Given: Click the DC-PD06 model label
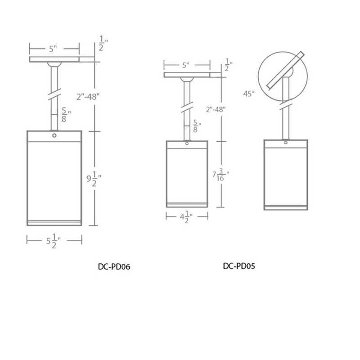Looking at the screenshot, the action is (114, 266).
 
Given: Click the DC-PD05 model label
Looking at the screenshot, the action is (239, 266).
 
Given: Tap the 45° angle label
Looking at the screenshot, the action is (249, 94).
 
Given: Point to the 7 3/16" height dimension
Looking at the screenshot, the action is (220, 175).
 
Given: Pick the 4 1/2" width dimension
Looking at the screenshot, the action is (186, 217).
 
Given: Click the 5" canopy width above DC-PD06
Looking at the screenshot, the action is (53, 49).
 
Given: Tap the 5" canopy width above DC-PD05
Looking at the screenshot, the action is (185, 65).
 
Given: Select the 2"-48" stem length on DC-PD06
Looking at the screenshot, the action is (88, 97).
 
